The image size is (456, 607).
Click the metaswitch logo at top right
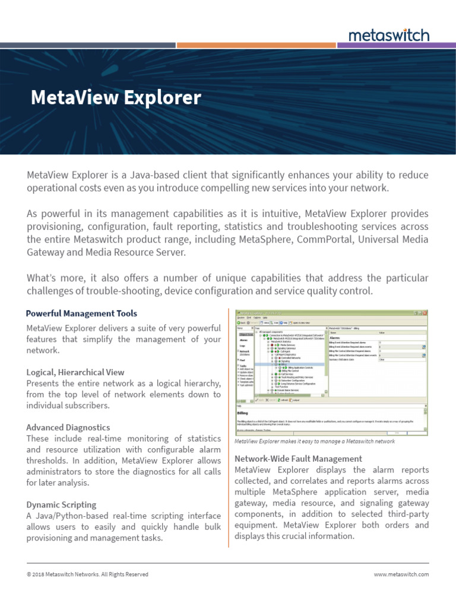tap(389, 35)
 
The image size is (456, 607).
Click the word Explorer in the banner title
tap(164, 98)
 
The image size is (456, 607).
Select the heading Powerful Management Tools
tap(81, 313)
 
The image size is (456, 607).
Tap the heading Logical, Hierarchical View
tap(75, 372)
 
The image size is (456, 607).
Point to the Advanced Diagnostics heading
tap(68, 427)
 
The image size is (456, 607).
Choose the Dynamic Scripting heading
tap(61, 504)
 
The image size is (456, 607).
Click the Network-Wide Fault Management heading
tap(298, 459)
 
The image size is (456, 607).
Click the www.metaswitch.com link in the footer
tap(401, 574)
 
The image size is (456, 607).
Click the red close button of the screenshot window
tap(424, 312)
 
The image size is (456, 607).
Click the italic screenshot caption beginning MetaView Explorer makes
tap(314, 442)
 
